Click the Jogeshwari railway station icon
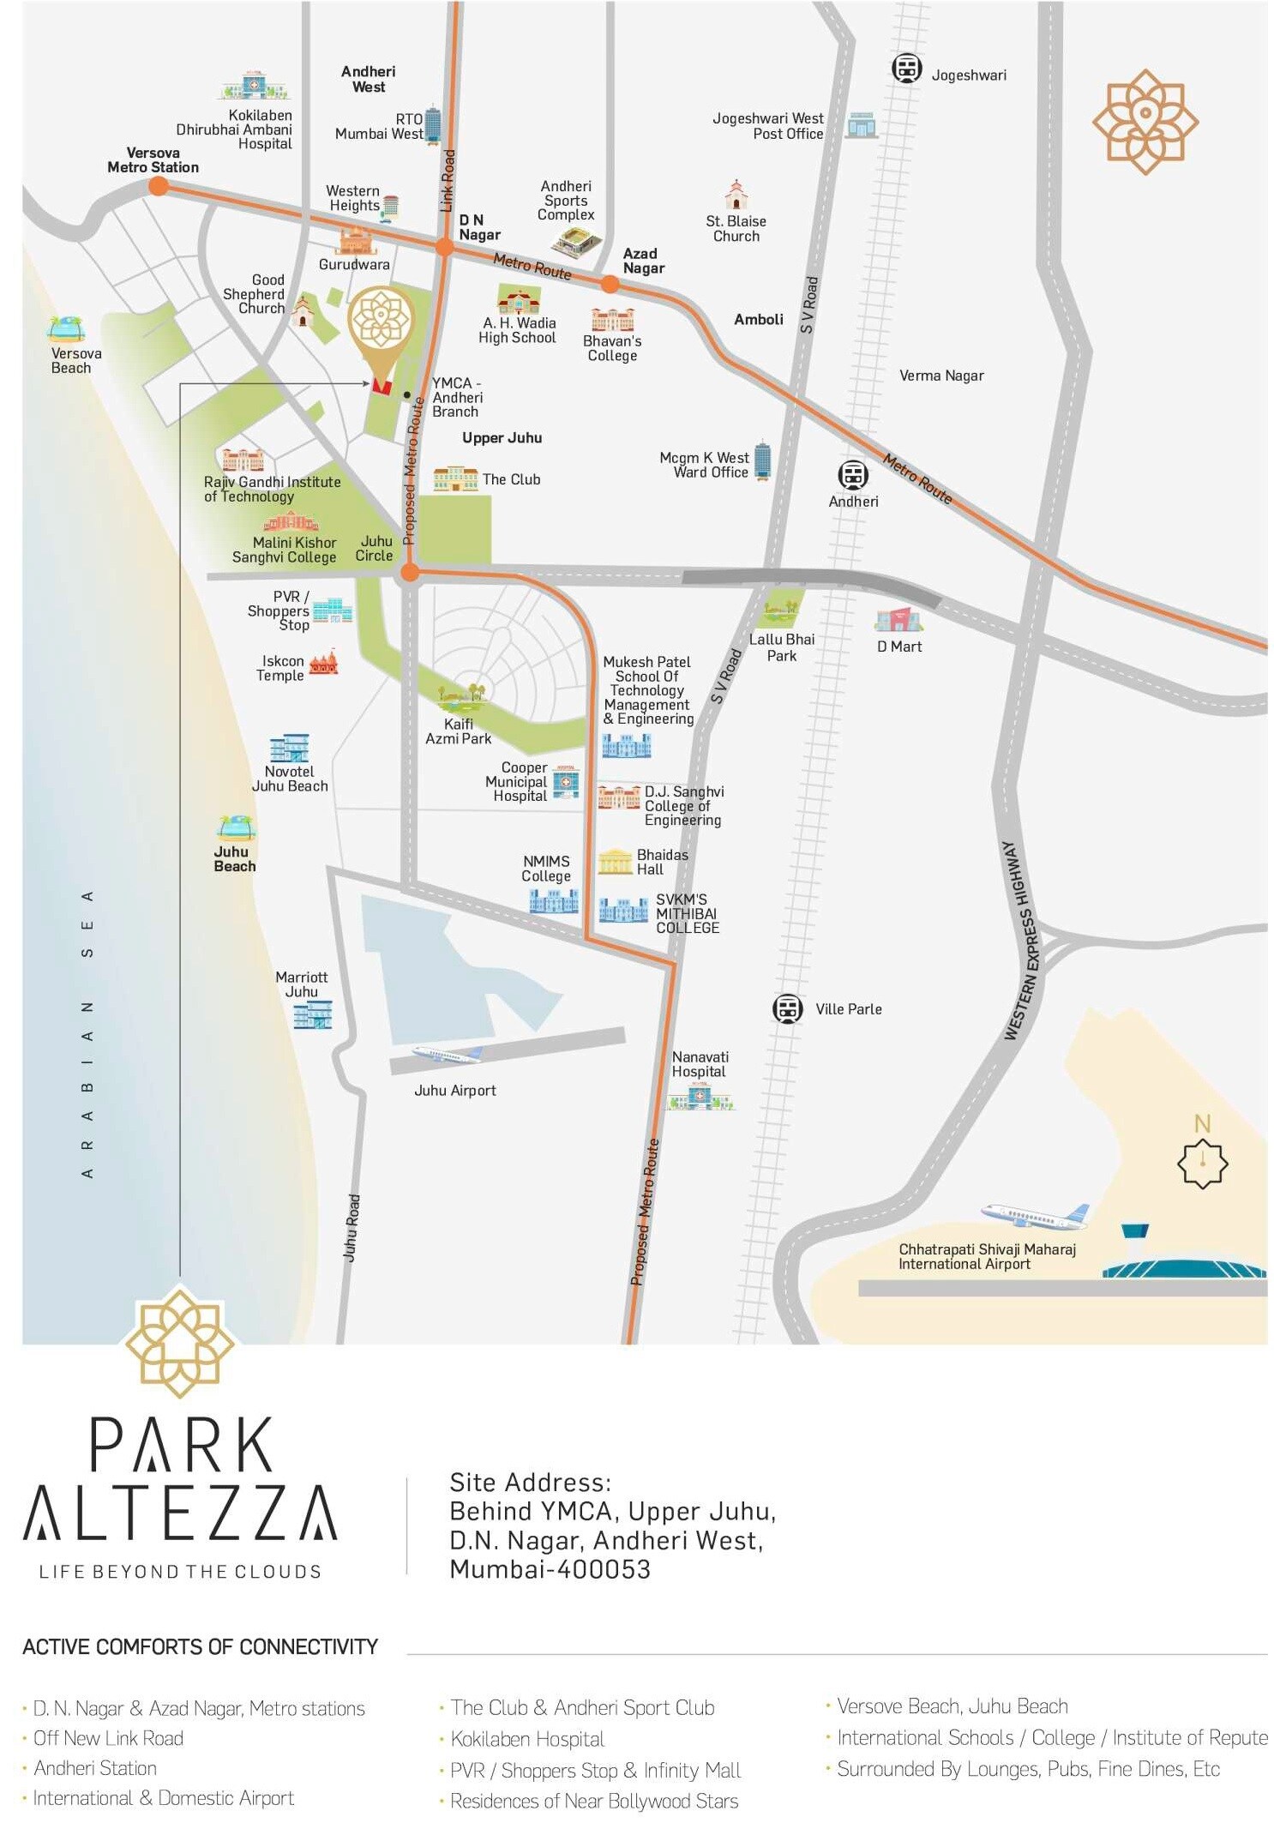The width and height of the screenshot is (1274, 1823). (905, 68)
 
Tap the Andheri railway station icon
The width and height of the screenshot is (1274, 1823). (852, 474)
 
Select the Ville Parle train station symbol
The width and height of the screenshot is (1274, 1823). (786, 1008)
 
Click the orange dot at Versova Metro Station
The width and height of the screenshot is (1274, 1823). (158, 186)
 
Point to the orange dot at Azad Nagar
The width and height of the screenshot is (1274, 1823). (609, 284)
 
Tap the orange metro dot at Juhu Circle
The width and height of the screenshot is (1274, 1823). (410, 572)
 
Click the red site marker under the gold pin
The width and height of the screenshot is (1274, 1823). (382, 387)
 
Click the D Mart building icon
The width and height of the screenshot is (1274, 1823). (897, 619)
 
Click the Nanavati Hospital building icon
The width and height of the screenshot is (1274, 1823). (700, 1097)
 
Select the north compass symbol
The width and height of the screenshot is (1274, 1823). (1202, 1163)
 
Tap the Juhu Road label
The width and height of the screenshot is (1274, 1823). (352, 1227)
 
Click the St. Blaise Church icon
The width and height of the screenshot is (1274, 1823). (736, 196)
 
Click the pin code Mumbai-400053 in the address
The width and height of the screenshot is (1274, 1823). (550, 1569)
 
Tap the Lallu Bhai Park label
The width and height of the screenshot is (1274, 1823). (781, 647)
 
